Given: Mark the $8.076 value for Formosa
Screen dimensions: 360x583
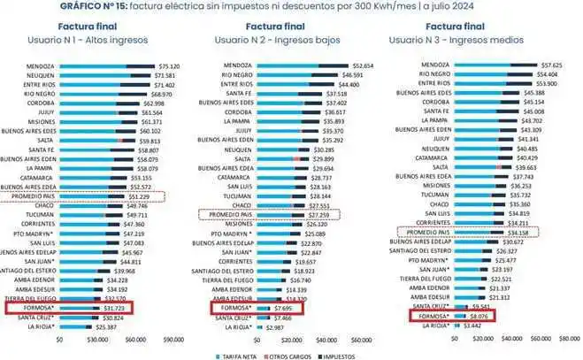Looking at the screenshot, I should coord(479,316).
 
